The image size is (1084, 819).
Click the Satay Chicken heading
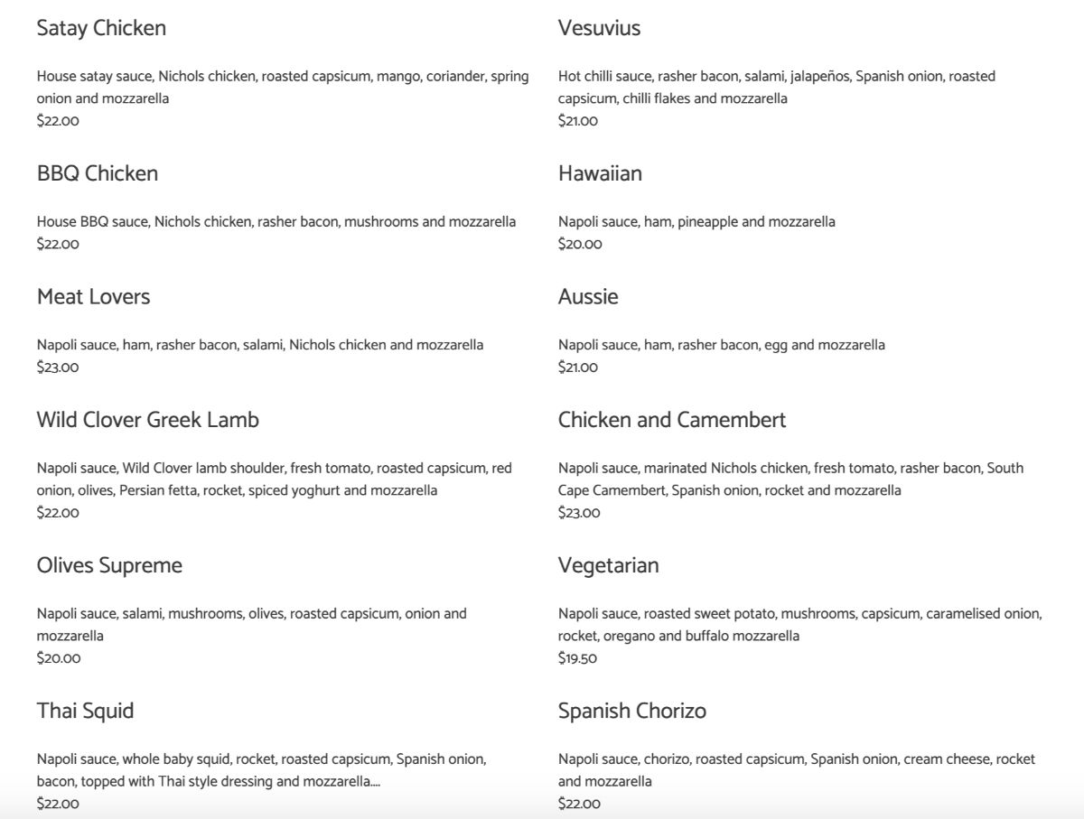point(101,28)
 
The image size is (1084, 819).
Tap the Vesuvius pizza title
point(599,28)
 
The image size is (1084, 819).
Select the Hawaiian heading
point(600,173)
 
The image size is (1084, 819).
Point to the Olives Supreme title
point(109,565)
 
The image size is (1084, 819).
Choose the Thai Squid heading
point(85,711)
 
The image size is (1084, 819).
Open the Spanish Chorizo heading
point(631,711)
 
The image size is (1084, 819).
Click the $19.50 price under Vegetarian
point(577,658)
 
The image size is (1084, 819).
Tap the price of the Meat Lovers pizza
point(58,367)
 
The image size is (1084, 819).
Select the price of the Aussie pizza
point(577,367)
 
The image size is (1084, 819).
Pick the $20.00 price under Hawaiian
point(579,244)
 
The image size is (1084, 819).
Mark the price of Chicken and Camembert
point(578,513)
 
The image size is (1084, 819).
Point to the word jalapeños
point(818,77)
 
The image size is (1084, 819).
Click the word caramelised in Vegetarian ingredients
point(964,614)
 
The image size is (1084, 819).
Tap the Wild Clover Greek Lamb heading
point(147,420)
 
